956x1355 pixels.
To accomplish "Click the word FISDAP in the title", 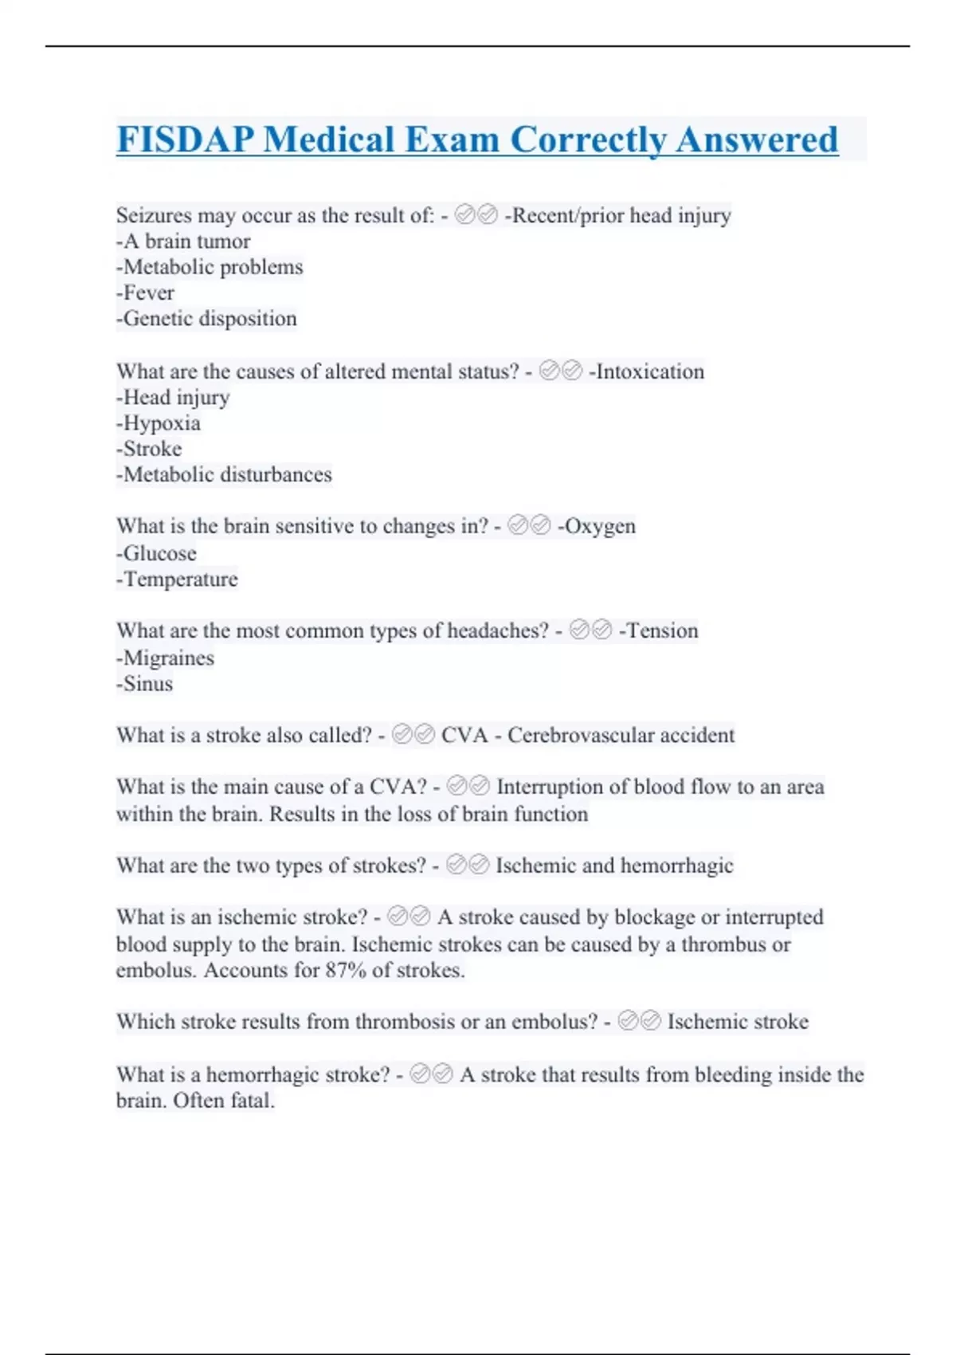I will click(x=185, y=140).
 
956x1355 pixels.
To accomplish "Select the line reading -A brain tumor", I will click(x=183, y=242).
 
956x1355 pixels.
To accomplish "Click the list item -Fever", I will click(x=145, y=293).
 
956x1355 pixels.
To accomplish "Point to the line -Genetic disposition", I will click(x=206, y=319).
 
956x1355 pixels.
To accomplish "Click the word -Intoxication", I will click(x=646, y=371).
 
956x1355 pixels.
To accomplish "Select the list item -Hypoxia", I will click(x=159, y=423).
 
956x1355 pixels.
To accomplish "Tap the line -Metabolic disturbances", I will click(x=224, y=475).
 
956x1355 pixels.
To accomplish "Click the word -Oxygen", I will click(x=597, y=527).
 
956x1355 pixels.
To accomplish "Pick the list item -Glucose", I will click(x=156, y=553).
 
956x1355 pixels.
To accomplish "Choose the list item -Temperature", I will click(x=177, y=579).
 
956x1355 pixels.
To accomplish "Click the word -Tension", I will click(x=658, y=631).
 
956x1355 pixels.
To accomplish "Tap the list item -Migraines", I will click(x=165, y=658).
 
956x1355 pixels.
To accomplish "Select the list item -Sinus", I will click(x=144, y=684).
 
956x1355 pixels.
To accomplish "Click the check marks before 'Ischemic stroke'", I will click(x=639, y=1021).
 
